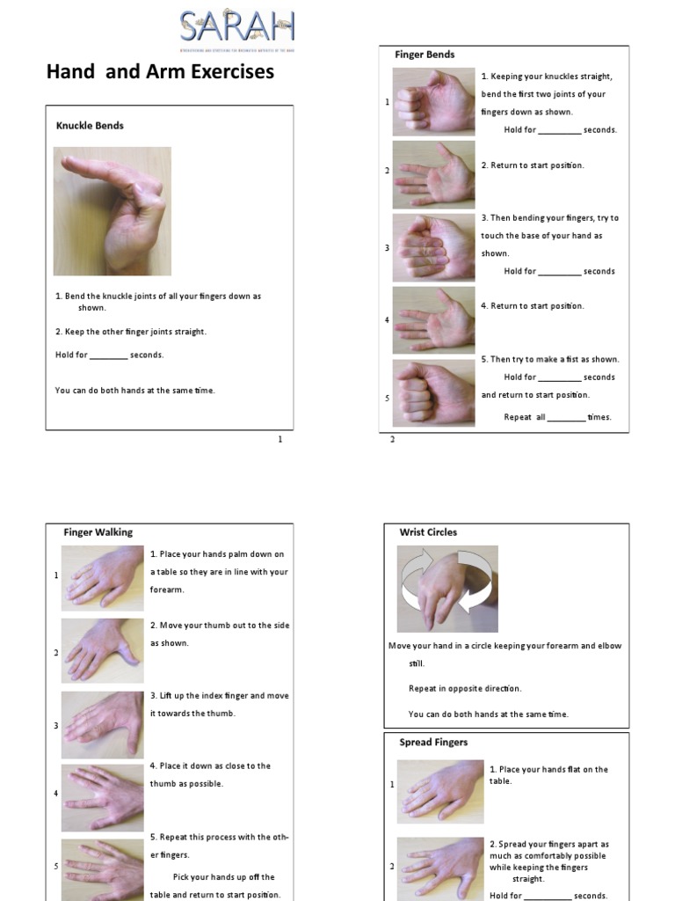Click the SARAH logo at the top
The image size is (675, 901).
[236, 28]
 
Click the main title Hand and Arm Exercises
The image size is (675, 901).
[160, 72]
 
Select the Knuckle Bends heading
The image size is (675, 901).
[90, 126]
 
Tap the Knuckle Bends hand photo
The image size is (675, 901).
[112, 211]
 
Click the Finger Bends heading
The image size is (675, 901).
[425, 55]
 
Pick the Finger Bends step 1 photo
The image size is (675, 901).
[433, 102]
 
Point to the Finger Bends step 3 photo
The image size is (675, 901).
[433, 247]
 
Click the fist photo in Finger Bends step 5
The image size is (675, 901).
[433, 392]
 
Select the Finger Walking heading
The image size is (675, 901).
[98, 532]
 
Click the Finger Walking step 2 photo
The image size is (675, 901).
[102, 651]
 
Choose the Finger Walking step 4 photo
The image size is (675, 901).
[102, 796]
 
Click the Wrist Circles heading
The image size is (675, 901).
[428, 532]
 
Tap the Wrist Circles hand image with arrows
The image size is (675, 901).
[447, 589]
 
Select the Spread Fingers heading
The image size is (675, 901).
[433, 743]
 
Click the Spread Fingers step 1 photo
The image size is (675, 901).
[439, 792]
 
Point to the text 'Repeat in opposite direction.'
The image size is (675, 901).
[465, 688]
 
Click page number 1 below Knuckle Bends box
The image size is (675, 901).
[280, 439]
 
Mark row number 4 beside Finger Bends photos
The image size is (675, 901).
[387, 320]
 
